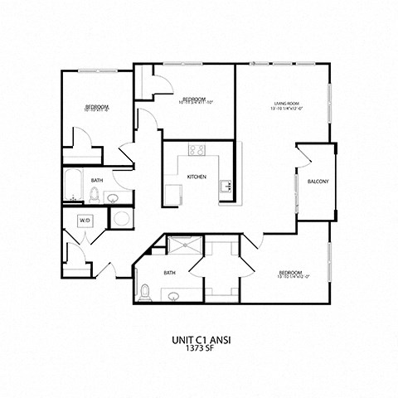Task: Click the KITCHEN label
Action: point(197,177)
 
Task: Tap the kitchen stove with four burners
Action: point(197,150)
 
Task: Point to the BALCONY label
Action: point(318,182)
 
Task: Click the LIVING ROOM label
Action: point(286,104)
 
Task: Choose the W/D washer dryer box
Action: point(85,221)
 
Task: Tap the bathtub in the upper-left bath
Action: point(74,186)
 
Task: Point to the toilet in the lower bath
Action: point(145,291)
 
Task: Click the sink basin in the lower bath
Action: point(174,295)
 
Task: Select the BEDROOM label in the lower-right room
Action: point(290,272)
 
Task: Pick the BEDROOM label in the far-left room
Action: point(96,107)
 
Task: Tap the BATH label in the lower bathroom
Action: point(169,272)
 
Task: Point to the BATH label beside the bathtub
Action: point(97,180)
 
